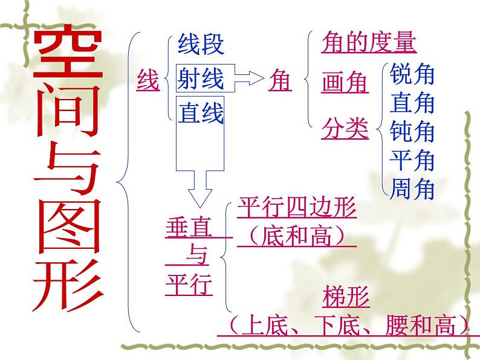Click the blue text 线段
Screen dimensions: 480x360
click(201, 44)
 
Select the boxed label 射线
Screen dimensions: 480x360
click(201, 79)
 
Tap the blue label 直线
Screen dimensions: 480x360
click(201, 113)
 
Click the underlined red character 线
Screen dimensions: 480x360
click(148, 79)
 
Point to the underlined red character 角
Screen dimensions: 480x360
click(279, 80)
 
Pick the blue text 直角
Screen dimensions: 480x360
click(413, 103)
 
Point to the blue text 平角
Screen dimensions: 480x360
click(413, 160)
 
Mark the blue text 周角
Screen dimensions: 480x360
click(413, 189)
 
